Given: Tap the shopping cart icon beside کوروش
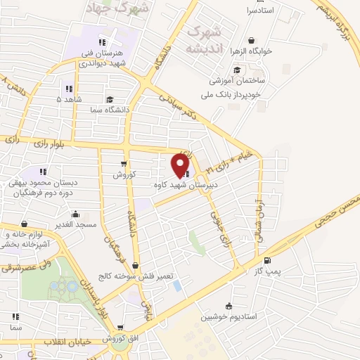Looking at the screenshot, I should (x=123, y=163).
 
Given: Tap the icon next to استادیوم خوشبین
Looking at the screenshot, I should (x=228, y=306).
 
